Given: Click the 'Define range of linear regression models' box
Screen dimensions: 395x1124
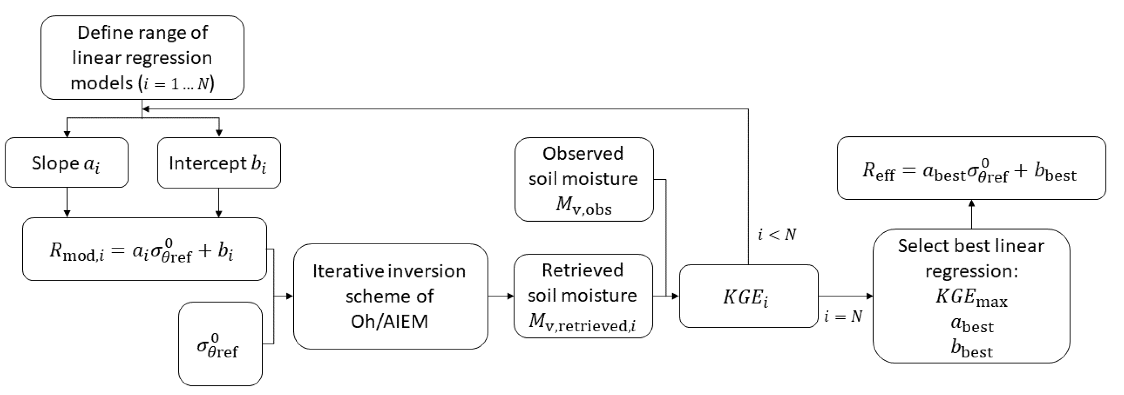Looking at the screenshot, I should (x=142, y=58).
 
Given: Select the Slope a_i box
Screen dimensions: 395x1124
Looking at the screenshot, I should (x=66, y=163).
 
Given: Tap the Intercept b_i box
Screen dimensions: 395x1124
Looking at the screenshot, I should (x=218, y=163).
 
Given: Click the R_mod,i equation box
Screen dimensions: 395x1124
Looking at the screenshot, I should (x=144, y=249).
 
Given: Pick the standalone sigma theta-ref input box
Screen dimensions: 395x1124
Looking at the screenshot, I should (x=220, y=344).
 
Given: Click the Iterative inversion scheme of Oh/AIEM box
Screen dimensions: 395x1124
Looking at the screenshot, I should (x=390, y=296).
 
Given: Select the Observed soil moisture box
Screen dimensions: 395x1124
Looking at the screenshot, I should (x=584, y=180).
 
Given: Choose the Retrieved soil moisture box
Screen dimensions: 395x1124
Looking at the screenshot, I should (x=583, y=296).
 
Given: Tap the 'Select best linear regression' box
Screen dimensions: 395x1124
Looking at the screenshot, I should (x=971, y=296).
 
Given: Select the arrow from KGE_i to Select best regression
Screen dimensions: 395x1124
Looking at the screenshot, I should (x=845, y=296).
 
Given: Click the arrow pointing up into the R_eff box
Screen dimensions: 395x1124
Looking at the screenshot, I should (x=972, y=214).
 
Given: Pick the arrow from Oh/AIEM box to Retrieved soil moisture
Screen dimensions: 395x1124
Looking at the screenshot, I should (x=501, y=296).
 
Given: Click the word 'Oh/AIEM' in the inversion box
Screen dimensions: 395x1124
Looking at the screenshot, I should (x=389, y=321).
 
